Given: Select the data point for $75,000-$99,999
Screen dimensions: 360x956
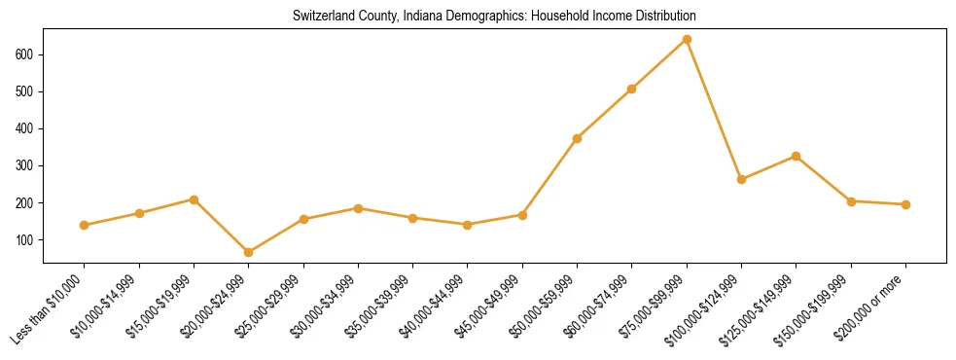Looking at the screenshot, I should (687, 40).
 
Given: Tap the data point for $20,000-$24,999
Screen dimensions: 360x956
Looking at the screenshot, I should (249, 253).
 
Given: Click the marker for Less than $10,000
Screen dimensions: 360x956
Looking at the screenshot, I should (85, 225).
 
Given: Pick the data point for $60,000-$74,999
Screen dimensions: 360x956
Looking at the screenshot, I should (632, 89).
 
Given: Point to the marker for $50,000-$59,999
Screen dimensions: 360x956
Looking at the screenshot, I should (578, 138).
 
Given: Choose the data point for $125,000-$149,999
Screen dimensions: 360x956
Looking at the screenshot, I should (797, 156).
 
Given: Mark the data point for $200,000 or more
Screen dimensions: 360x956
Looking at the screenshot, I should (905, 204).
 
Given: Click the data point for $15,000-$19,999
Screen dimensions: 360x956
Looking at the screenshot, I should (195, 199).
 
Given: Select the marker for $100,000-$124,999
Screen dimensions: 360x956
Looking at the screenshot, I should (741, 179).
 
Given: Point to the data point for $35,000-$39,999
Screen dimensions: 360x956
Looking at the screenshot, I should (413, 218).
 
